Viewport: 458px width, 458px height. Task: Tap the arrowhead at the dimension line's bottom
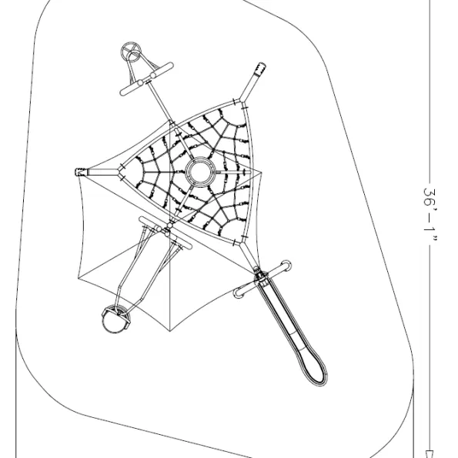430,454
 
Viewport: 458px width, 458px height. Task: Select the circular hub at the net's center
200,172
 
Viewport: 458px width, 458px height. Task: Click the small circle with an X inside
131,52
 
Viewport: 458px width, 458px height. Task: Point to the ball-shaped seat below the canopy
115,319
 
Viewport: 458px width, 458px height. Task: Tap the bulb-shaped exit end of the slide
313,367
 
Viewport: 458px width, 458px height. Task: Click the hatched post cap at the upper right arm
260,69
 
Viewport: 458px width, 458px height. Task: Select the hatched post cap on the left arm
81,172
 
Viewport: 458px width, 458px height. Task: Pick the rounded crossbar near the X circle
146,79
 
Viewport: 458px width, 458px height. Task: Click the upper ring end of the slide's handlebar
286,266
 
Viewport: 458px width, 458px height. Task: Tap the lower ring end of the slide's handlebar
239,293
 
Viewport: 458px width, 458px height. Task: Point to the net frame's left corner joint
120,172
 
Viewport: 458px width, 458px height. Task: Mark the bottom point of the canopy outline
170,331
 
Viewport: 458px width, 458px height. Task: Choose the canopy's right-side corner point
262,173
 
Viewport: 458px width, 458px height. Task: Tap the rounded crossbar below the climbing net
165,232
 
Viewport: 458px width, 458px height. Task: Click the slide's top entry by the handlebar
261,277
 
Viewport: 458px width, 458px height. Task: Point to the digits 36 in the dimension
430,197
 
